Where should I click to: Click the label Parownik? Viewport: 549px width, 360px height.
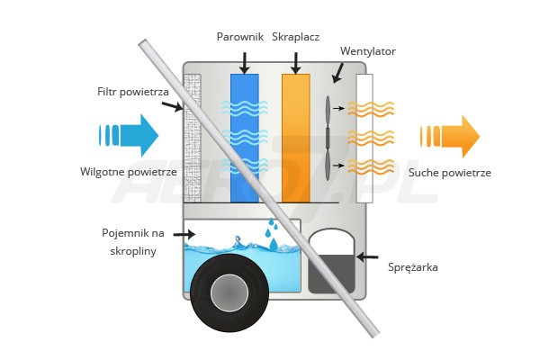(238, 37)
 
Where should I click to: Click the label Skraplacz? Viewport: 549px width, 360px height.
(296, 37)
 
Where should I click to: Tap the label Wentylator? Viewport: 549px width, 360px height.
(367, 51)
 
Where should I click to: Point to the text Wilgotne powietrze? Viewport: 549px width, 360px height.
(127, 172)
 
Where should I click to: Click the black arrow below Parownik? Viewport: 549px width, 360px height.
(244, 61)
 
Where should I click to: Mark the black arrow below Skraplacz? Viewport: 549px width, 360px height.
(295, 61)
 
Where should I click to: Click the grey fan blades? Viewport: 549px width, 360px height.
(328, 135)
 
